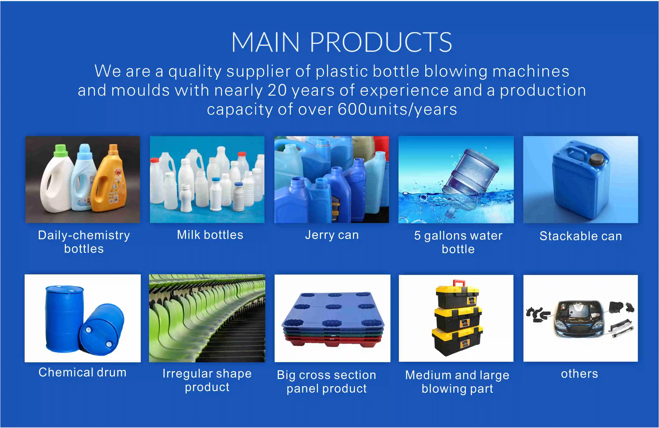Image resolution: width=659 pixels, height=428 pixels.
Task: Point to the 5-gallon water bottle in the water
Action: pyautogui.click(x=468, y=180)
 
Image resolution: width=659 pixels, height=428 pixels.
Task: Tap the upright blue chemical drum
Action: pyautogui.click(x=64, y=319)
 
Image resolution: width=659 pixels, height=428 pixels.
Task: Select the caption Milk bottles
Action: pyautogui.click(x=210, y=235)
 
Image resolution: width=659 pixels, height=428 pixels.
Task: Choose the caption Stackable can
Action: pyautogui.click(x=581, y=236)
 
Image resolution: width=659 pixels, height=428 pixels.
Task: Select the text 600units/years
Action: pyautogui.click(x=397, y=109)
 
